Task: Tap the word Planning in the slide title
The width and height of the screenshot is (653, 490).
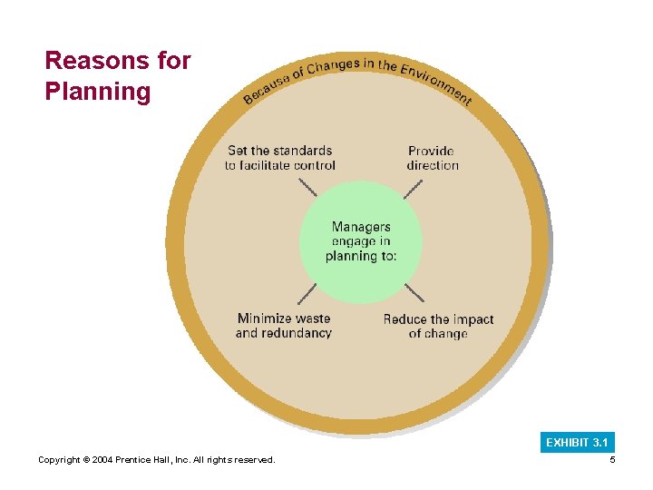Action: pos(98,92)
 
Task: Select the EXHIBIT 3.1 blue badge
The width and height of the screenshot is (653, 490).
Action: pos(577,443)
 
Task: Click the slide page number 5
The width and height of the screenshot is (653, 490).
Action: pos(612,461)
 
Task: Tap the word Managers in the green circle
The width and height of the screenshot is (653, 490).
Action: pos(361,227)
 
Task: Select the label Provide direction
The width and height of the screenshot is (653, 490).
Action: pos(432,158)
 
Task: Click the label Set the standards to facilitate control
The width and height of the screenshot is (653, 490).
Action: pos(280,158)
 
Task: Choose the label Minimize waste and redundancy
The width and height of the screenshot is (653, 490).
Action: pos(284,326)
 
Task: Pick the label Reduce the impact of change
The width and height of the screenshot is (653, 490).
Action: pos(438,326)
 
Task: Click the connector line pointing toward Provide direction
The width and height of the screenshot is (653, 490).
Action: pos(413,189)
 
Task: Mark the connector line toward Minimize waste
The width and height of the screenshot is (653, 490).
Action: pos(307,294)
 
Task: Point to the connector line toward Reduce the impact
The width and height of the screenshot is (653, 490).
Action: pos(414,292)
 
